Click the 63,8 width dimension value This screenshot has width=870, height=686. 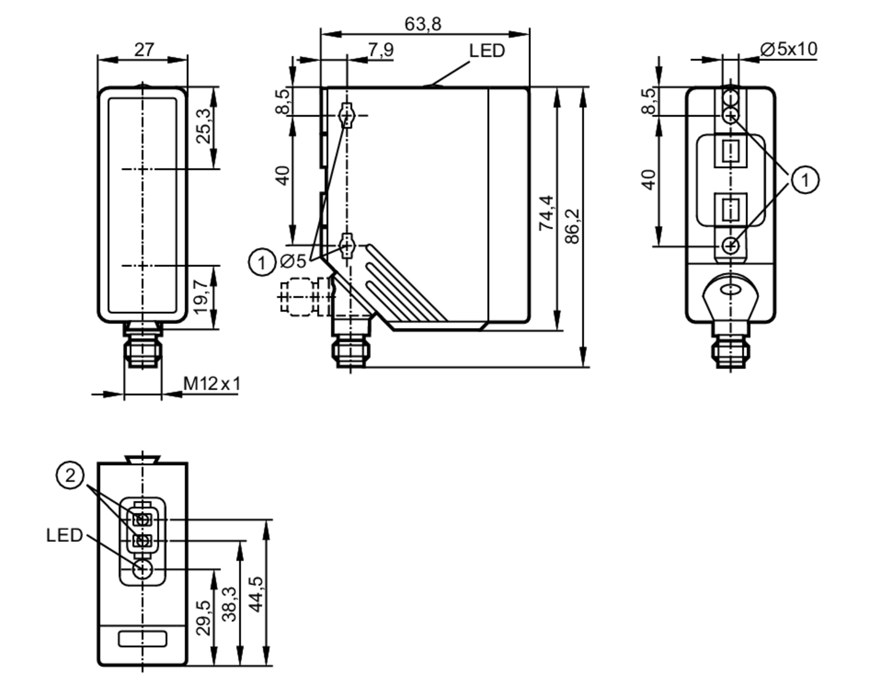[422, 24]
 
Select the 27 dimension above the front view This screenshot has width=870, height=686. [144, 50]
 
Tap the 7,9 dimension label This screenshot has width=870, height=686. [381, 50]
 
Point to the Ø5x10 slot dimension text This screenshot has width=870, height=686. [788, 49]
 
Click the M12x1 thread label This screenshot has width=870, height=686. [211, 384]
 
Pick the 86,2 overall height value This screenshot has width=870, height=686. [572, 226]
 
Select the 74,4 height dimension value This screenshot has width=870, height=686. [546, 213]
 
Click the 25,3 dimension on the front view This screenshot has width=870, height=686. [203, 126]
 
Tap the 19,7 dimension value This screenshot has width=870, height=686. [201, 297]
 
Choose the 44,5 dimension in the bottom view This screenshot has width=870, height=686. [257, 594]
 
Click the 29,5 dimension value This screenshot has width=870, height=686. [203, 618]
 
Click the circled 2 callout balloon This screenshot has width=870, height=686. [70, 476]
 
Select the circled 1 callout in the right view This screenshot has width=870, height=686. [805, 180]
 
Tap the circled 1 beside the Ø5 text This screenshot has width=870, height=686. [262, 262]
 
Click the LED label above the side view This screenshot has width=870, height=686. [487, 51]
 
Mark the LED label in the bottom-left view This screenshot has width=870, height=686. [64, 535]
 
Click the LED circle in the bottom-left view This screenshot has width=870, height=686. [143, 569]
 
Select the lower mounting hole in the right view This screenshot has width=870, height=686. [730, 246]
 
